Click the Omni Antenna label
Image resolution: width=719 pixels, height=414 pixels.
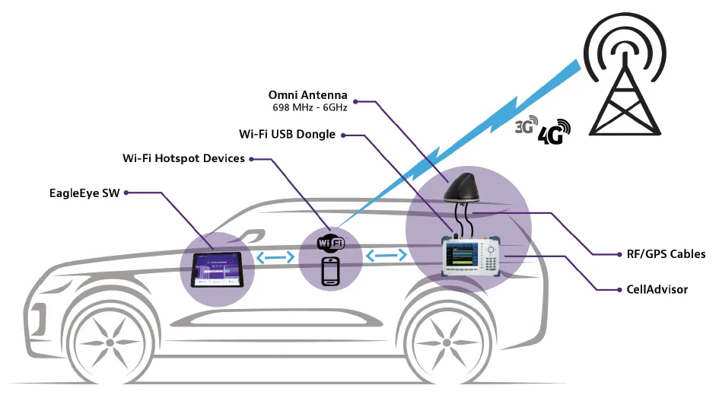307,95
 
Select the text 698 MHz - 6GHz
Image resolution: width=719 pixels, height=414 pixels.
310,108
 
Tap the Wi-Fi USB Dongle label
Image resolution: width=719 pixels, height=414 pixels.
287,135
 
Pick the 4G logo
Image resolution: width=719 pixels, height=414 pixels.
553,132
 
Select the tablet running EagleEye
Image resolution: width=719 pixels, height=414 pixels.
215,269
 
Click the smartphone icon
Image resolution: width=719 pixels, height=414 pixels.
330,272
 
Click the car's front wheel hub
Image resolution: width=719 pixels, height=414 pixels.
110,343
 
